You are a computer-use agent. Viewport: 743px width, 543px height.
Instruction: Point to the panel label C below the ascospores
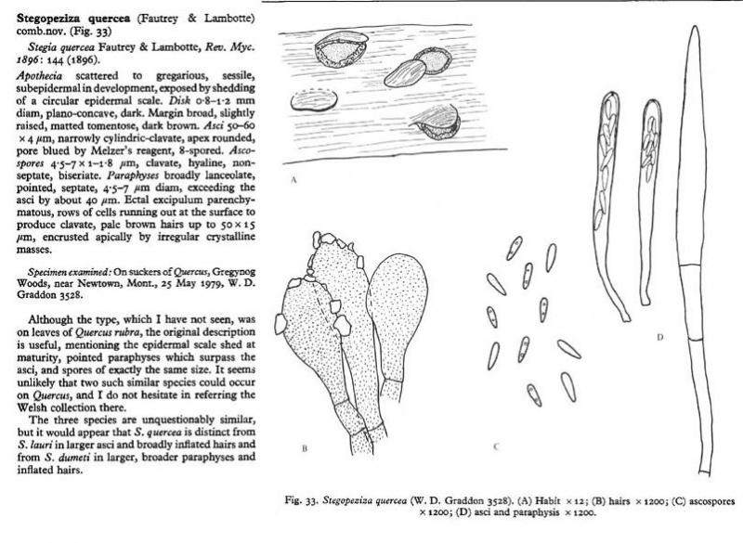click(x=497, y=447)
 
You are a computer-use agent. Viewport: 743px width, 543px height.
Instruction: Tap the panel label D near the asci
click(x=658, y=336)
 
